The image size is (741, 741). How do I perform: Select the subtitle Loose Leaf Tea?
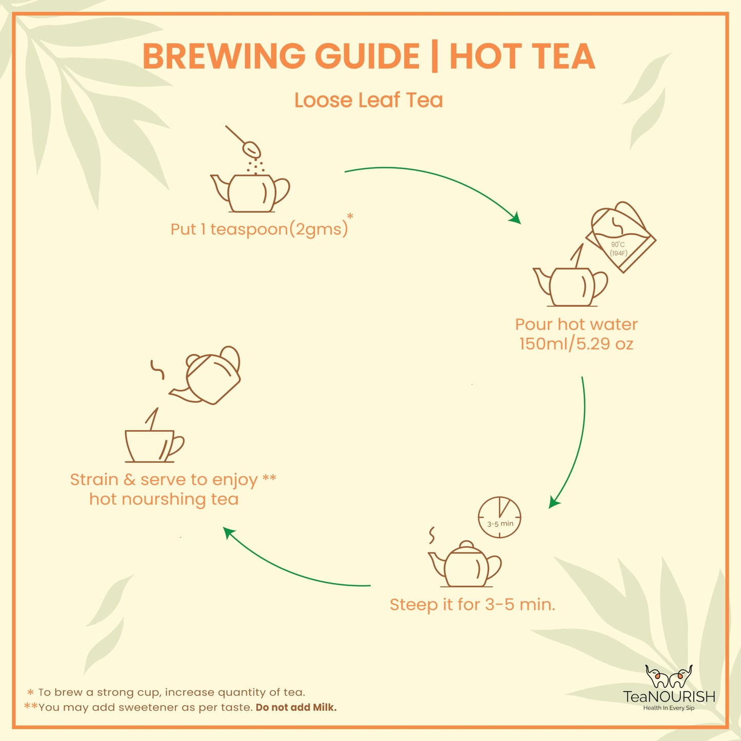368,100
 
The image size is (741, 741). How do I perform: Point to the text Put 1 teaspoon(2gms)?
259,229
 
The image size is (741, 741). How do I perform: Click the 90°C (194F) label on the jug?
618,249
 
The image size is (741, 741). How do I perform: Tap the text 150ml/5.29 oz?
576,344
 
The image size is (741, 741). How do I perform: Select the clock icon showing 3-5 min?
499,517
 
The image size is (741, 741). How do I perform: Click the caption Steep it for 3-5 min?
472,604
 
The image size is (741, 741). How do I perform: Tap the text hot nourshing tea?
164,499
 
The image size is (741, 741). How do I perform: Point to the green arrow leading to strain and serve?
292,569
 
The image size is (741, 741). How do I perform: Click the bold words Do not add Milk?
296,707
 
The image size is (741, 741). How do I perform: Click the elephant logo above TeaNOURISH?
669,677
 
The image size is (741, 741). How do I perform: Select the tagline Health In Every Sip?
669,708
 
